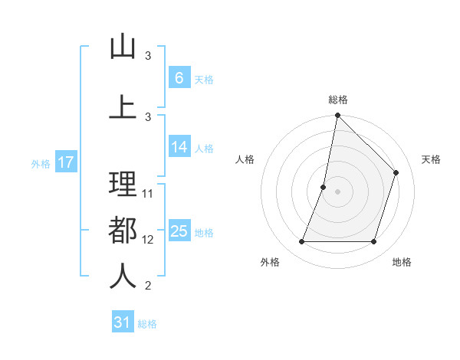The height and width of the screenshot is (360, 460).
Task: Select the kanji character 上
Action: coord(123,106)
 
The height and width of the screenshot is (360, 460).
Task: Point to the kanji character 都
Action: coord(123,231)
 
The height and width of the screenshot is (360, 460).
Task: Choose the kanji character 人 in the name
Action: coord(123,277)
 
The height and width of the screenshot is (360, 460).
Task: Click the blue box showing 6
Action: coord(179,78)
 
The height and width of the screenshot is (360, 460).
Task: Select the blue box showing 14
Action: coord(179,147)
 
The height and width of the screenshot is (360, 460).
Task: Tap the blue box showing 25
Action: coord(179,231)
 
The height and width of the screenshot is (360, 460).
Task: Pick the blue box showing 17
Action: coord(65,162)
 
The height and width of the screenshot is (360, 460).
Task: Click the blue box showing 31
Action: coord(123,322)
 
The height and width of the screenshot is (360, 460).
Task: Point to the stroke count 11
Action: coord(149,193)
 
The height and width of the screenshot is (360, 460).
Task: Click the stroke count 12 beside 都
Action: coord(149,240)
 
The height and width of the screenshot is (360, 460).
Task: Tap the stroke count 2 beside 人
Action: coord(149,286)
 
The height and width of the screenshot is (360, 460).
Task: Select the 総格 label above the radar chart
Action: coord(337,100)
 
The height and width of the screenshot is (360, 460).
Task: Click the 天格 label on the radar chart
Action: coord(432,159)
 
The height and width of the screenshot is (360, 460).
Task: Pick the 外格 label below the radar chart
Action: coord(270,262)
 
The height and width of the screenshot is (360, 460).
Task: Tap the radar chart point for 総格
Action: coord(337,115)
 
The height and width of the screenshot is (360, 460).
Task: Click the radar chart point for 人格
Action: coord(324,187)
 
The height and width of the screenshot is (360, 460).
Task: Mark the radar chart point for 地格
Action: coord(373,242)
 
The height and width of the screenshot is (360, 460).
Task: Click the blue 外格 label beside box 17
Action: coord(40,163)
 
